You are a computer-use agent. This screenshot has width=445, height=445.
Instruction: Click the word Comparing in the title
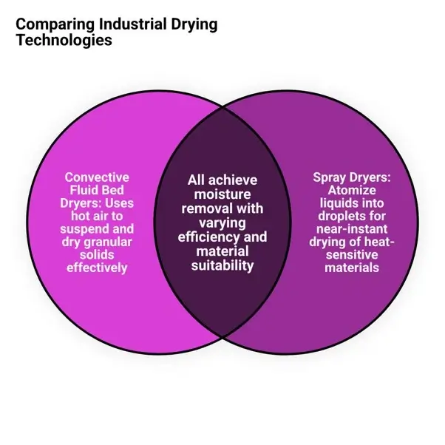click(55, 24)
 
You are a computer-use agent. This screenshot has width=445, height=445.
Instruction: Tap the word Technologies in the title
click(64, 40)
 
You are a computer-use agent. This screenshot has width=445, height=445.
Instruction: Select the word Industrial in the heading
click(132, 24)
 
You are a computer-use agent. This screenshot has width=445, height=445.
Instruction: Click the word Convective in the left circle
click(97, 177)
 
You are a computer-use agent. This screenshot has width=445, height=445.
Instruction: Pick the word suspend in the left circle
click(84, 229)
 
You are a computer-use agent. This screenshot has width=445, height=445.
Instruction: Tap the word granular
click(108, 242)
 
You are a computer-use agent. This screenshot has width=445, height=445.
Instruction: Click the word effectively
click(97, 268)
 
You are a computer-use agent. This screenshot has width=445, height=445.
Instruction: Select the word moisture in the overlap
click(222, 194)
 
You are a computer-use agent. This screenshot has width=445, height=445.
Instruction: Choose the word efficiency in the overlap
click(208, 237)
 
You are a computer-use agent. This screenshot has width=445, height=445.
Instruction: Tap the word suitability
click(222, 266)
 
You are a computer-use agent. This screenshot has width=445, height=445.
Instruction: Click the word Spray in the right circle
click(329, 178)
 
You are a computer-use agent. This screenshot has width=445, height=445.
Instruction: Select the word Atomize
click(352, 190)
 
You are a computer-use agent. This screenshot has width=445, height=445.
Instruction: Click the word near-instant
click(352, 229)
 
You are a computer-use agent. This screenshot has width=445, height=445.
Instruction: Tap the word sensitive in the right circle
click(352, 255)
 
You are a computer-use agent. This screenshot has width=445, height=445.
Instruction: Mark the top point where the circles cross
click(222, 108)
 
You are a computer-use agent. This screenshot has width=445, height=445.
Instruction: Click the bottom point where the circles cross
click(222, 337)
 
